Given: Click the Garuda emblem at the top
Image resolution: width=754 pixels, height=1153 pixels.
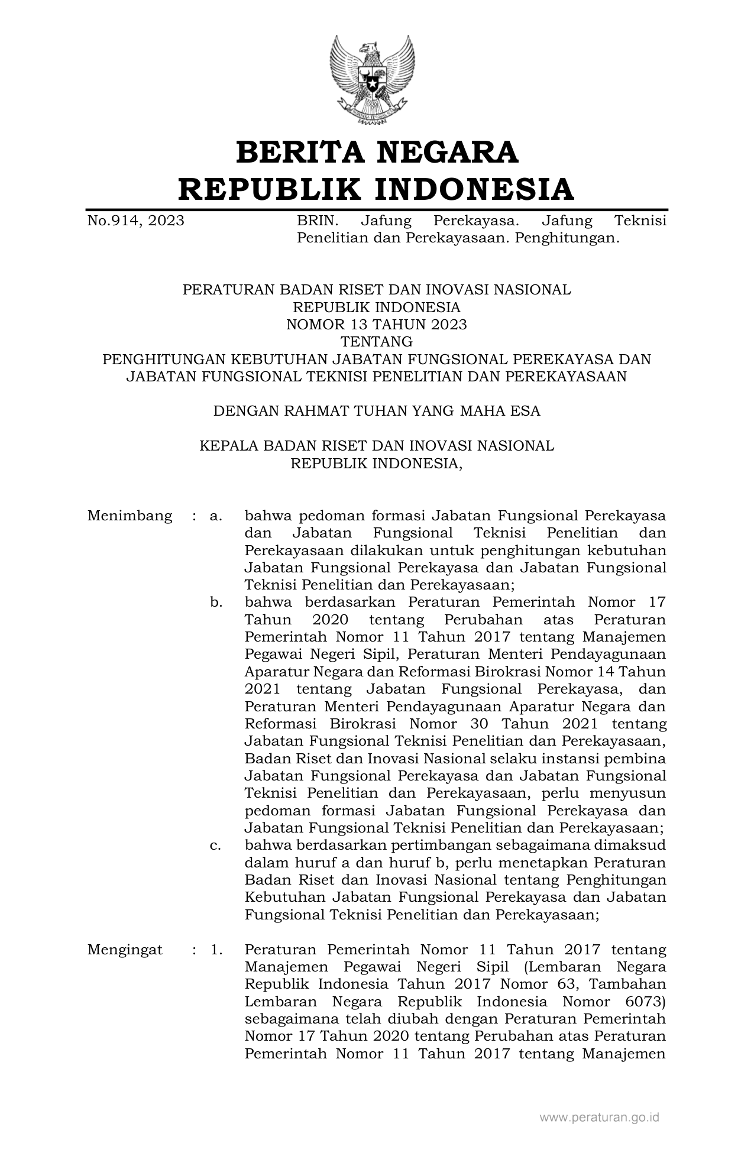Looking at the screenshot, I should tap(371, 79).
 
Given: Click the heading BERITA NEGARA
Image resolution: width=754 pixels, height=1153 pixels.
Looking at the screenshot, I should tap(377, 152).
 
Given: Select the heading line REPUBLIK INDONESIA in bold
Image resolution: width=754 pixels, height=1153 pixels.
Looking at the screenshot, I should tap(377, 189).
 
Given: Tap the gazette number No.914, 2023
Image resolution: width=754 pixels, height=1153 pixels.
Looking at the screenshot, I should tap(135, 221).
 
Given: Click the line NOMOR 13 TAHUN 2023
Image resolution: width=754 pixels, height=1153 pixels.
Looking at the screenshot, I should tap(376, 324).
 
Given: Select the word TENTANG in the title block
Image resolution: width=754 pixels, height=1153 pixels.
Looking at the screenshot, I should tap(376, 342).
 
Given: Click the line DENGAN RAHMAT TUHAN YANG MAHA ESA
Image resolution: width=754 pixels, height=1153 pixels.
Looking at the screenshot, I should tap(376, 411).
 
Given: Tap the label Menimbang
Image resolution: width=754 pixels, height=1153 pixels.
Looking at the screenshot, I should tap(130, 516).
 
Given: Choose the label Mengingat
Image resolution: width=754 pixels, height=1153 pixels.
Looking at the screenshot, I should tap(125, 950).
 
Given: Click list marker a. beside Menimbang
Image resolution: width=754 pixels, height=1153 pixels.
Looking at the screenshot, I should tap(216, 516).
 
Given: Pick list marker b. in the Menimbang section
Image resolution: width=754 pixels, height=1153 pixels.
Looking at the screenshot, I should tap(216, 603).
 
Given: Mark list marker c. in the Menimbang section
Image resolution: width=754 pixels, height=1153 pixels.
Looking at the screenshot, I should tap(216, 846).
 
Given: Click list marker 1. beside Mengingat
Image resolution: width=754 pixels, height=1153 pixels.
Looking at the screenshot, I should tap(216, 950).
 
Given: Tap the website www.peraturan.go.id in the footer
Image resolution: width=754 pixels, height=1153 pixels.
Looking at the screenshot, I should tap(599, 1117).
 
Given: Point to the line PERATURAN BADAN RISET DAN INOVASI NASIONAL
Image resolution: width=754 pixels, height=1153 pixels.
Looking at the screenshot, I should tap(376, 290).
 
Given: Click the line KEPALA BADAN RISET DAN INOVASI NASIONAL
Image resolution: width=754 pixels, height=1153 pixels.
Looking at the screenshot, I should tap(376, 446).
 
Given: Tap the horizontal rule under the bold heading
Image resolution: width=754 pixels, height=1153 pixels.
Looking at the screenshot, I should tap(377, 209).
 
